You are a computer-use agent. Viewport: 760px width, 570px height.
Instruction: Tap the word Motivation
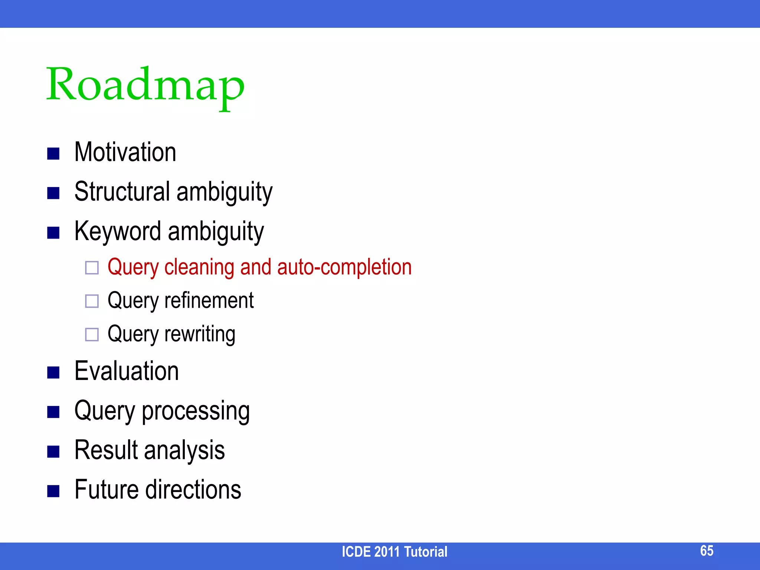(x=125, y=152)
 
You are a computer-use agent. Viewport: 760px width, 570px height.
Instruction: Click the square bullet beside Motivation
(x=53, y=153)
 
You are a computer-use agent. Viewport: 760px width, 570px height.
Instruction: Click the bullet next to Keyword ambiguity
(x=53, y=233)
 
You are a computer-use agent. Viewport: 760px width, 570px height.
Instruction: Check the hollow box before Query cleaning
(x=92, y=268)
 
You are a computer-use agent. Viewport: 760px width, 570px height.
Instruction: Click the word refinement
(x=209, y=301)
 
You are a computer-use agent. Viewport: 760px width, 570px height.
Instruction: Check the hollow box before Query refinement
(x=92, y=301)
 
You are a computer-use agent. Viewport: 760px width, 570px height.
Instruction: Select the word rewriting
(x=200, y=334)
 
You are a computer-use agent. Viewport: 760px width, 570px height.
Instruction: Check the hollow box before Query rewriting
(x=92, y=334)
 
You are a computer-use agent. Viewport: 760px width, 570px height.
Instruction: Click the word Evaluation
(x=127, y=371)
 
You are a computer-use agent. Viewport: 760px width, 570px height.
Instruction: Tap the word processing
(x=196, y=411)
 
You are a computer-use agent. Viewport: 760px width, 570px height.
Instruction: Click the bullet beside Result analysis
(x=53, y=452)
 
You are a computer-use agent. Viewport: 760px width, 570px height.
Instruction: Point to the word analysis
(x=184, y=451)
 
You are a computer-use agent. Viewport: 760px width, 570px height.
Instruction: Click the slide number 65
(x=707, y=551)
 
